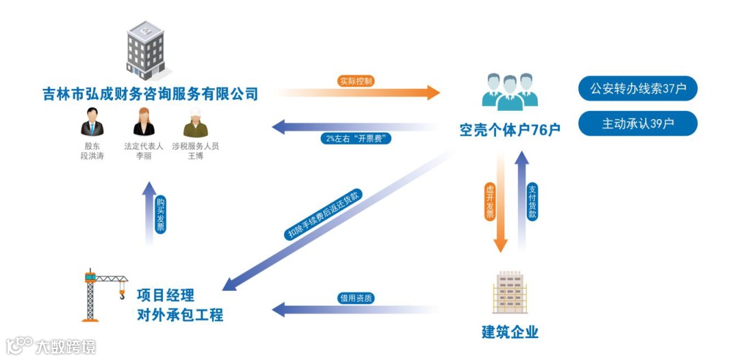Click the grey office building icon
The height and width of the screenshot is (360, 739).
[x=145, y=50]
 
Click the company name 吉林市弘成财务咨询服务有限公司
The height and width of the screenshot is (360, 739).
[x=150, y=94]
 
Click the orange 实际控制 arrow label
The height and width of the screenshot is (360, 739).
[x=356, y=81]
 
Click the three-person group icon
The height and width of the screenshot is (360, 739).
[x=510, y=90]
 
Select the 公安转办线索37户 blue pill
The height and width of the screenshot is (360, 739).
[x=638, y=88]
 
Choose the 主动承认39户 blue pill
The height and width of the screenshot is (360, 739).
[x=638, y=124]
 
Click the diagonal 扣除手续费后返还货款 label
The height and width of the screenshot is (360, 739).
[x=324, y=214]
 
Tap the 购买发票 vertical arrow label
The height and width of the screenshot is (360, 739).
[x=160, y=215]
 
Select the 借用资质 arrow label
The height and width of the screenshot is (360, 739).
[x=356, y=298]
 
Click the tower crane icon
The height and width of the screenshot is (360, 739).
[x=103, y=294]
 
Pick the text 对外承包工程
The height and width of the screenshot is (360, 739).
[x=179, y=316]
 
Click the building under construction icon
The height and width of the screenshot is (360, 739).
[x=510, y=292]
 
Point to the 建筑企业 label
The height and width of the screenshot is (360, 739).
[x=510, y=333]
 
